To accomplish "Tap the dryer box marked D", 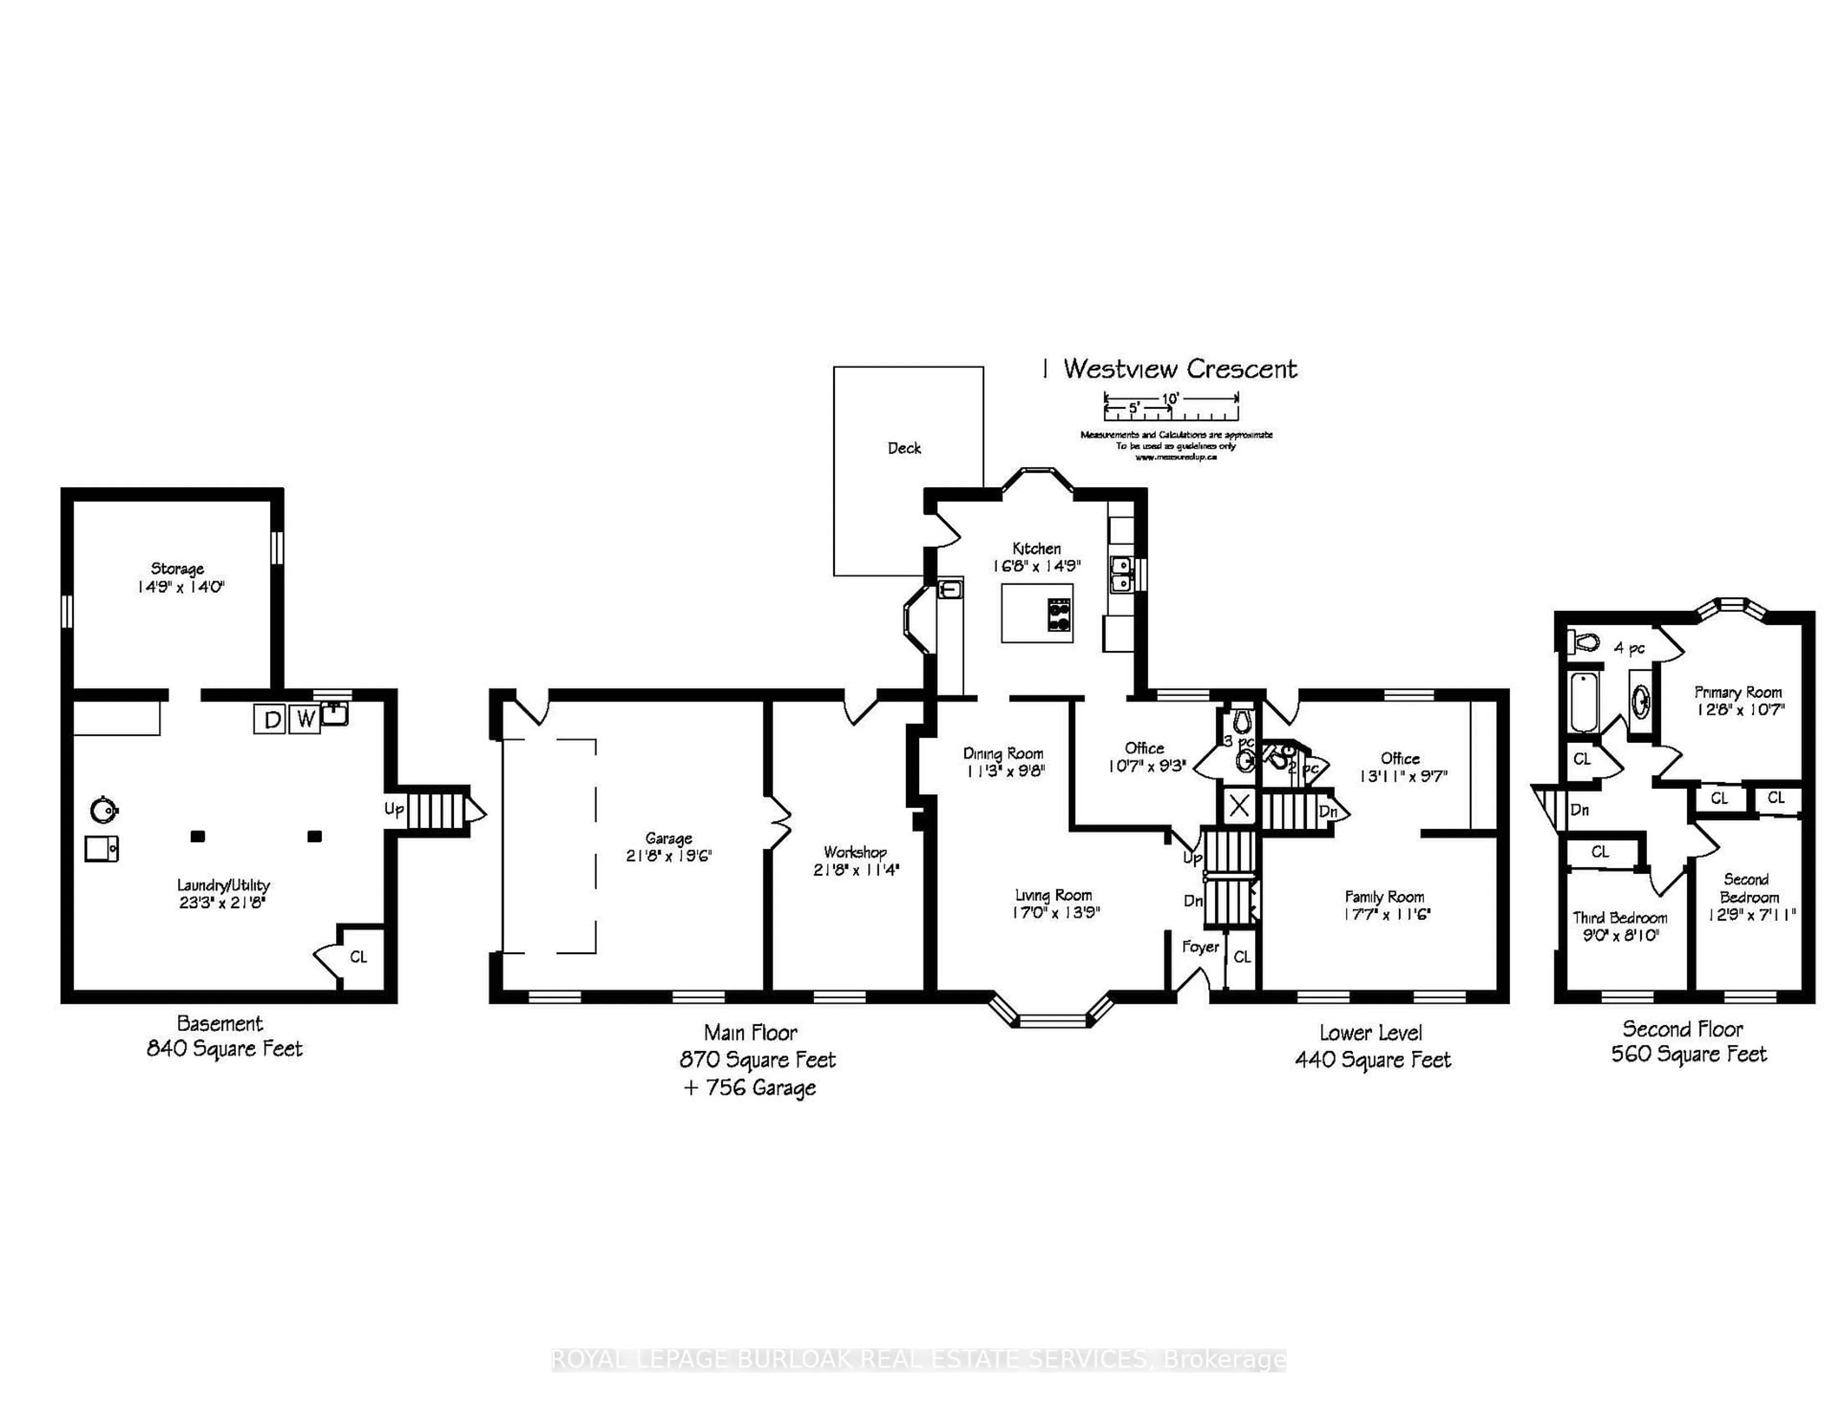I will [x=271, y=719].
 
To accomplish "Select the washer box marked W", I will [x=304, y=719].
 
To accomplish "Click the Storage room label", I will [x=178, y=569].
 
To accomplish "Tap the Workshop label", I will [x=855, y=852].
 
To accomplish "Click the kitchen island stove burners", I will [x=1059, y=613].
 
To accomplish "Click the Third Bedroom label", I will [x=1620, y=918].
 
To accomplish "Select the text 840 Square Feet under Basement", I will [x=224, y=1049].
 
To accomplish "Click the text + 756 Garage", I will [x=750, y=1087].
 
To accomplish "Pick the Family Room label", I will [x=1384, y=897].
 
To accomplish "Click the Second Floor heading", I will [x=1682, y=1029].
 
